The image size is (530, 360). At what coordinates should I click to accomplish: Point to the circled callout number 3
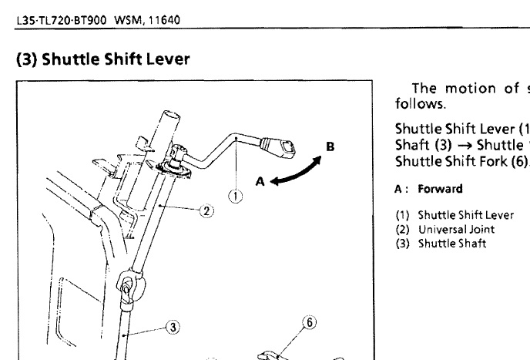pos(174,327)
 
